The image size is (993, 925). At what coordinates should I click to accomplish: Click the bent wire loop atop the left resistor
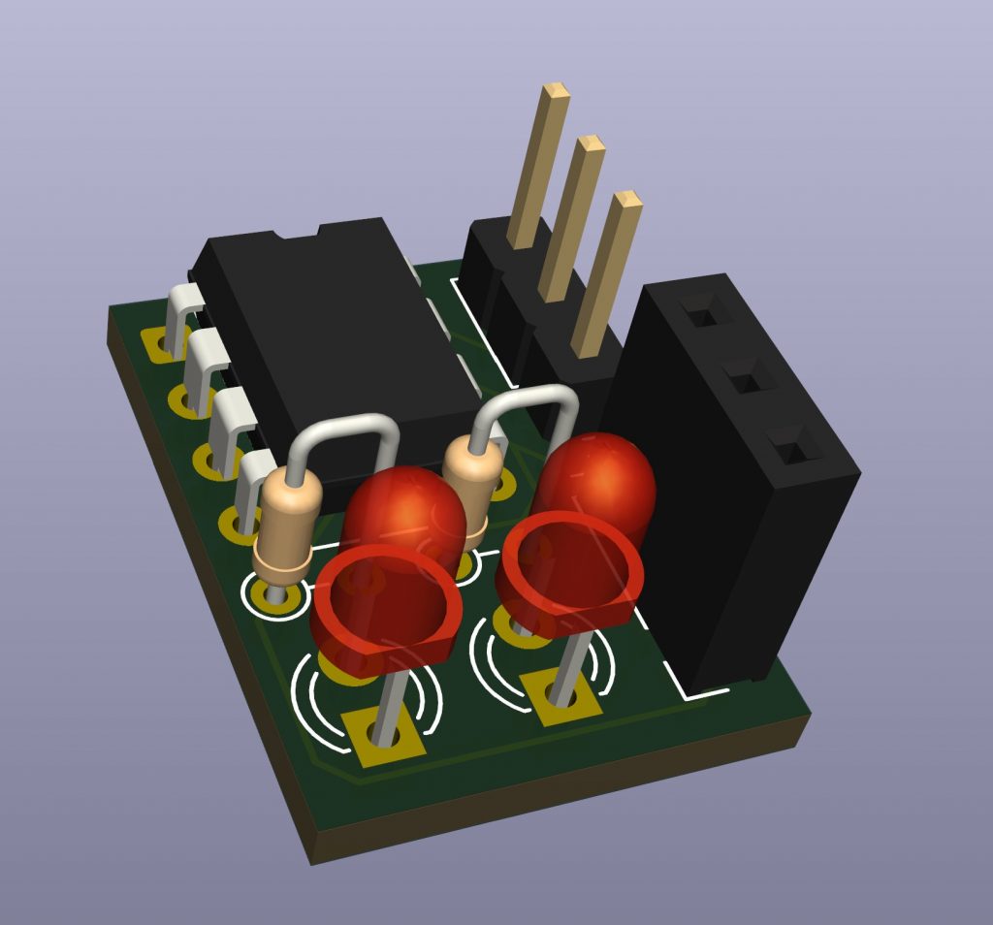(347, 427)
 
